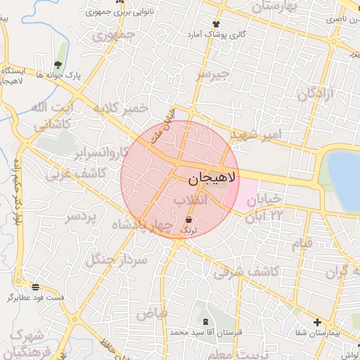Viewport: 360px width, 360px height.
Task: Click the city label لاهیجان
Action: (214, 179)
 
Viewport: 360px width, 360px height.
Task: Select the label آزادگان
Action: (313, 94)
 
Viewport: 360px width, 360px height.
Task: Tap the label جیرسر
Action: (213, 73)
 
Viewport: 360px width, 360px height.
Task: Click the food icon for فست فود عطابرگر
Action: (35, 286)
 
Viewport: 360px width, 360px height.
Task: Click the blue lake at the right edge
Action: (345, 179)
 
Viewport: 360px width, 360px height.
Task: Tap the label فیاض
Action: (153, 314)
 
